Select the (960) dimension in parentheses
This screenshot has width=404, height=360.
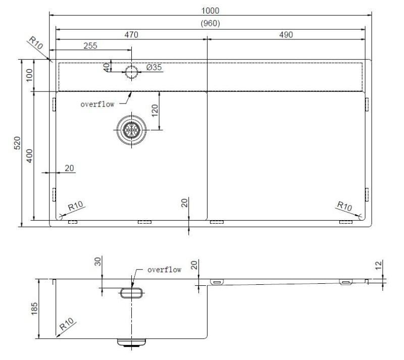coord(210,23)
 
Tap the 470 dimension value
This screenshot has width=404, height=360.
coord(132,34)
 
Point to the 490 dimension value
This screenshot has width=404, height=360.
coord(285,34)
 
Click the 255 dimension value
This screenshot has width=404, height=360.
coord(89,45)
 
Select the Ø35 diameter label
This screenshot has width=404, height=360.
coord(154,68)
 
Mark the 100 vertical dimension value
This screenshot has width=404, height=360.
coord(29,75)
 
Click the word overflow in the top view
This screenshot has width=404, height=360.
coord(97,104)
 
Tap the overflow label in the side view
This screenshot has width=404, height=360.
coord(164,270)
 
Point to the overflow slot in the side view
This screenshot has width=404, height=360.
coord(131,292)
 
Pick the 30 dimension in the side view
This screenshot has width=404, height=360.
coord(98,262)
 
